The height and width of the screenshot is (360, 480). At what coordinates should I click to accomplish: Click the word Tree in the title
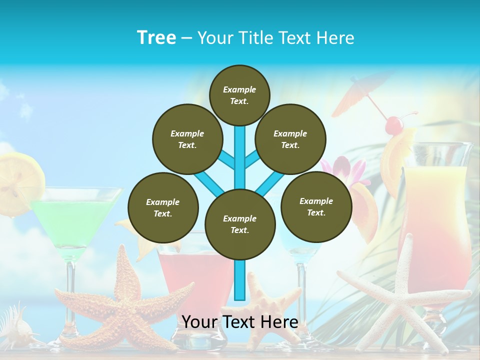[156, 37]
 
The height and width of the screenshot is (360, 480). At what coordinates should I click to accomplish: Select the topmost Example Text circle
[239, 95]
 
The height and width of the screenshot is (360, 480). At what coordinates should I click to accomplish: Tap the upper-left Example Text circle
[187, 139]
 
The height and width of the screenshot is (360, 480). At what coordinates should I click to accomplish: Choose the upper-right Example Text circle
[290, 139]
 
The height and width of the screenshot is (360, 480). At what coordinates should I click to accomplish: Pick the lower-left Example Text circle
[162, 207]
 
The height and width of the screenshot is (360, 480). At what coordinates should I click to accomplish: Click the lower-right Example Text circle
[316, 206]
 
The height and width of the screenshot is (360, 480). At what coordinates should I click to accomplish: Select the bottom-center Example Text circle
[239, 224]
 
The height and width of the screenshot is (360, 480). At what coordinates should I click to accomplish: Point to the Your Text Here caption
[239, 322]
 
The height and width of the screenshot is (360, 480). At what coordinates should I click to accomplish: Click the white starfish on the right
[400, 295]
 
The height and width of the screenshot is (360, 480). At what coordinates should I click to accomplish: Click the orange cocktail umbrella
[357, 92]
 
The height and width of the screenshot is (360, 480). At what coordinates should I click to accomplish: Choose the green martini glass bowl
[75, 220]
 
